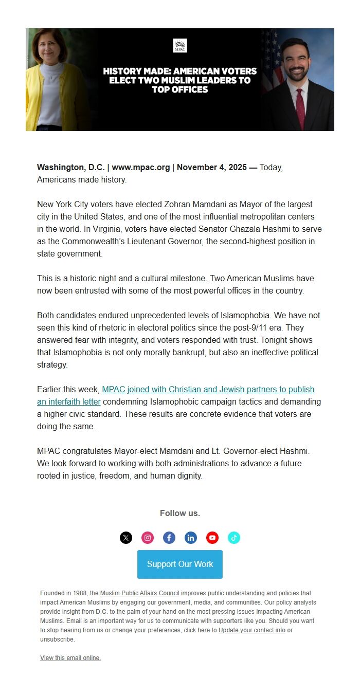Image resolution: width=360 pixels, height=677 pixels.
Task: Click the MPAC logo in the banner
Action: click(x=180, y=45)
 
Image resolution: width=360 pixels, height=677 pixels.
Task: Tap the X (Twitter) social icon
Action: click(x=126, y=538)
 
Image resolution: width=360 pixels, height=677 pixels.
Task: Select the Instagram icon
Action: click(x=148, y=538)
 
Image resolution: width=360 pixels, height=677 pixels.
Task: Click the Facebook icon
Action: click(x=169, y=538)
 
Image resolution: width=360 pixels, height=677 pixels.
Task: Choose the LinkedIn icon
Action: click(x=191, y=538)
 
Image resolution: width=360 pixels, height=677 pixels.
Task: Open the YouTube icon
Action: click(x=212, y=538)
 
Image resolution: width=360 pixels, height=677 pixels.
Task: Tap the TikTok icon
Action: click(x=234, y=538)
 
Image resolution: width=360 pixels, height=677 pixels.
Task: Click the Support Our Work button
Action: click(x=180, y=564)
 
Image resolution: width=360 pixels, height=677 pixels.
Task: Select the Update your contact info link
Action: click(x=252, y=630)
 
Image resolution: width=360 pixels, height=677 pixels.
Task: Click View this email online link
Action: click(x=70, y=658)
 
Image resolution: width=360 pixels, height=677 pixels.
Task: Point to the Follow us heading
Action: click(x=180, y=513)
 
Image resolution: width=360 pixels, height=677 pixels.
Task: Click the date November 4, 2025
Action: click(x=211, y=168)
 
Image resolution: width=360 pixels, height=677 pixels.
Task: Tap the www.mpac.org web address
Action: click(x=140, y=168)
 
